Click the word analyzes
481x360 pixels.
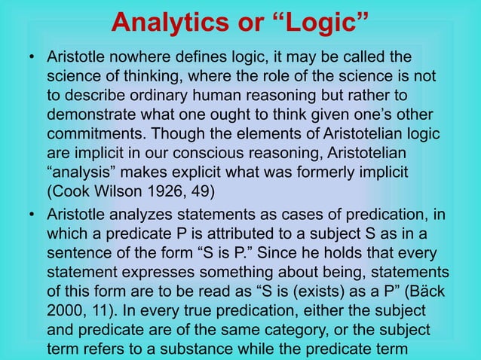142,215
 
